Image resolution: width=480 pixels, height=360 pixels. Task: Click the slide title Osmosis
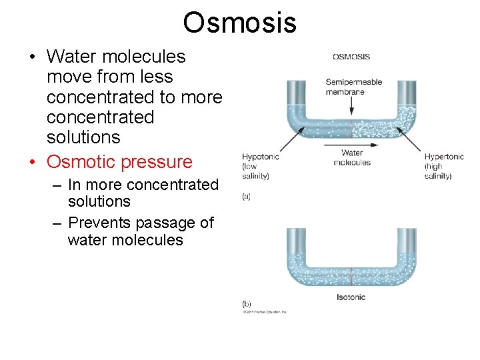[239, 22]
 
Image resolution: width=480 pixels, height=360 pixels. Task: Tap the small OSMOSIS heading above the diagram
[351, 57]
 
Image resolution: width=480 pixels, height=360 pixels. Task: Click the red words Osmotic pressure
[119, 161]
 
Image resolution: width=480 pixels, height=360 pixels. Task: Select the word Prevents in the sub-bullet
[101, 223]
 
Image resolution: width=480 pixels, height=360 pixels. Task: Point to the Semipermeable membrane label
[353, 87]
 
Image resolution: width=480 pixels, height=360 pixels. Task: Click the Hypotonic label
[260, 157]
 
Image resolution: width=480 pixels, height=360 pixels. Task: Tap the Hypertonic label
[444, 157]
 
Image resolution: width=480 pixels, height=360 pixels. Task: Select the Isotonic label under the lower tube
[351, 297]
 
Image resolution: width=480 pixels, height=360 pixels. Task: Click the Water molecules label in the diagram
[351, 158]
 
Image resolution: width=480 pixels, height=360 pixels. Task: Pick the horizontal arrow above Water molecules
[351, 145]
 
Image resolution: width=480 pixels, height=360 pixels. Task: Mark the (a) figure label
[246, 197]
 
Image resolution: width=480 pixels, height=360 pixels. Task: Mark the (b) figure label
[246, 304]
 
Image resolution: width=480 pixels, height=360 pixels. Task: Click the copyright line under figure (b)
[264, 312]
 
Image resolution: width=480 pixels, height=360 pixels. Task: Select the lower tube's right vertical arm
[407, 247]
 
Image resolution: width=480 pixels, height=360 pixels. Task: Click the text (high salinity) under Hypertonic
[438, 171]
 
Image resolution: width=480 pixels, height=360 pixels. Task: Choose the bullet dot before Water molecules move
[33, 57]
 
